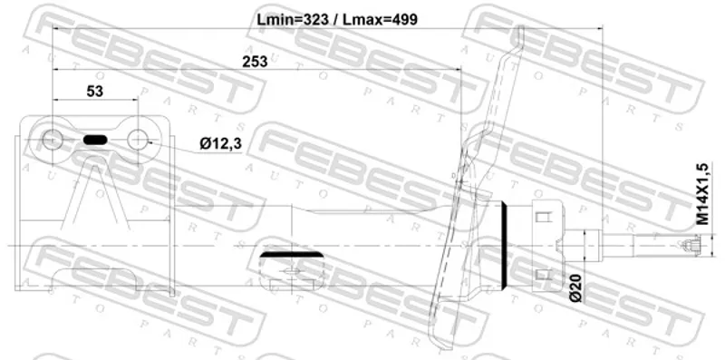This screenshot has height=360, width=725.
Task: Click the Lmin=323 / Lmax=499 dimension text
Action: tap(337, 19)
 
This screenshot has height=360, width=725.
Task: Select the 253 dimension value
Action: tap(255, 61)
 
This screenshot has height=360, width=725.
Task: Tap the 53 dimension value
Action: tap(95, 92)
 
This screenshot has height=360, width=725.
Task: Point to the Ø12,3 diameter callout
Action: tap(221, 144)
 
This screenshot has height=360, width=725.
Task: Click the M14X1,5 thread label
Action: tap(703, 194)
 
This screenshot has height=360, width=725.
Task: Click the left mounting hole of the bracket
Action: tap(52, 140)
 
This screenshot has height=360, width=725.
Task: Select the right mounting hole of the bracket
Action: tap(138, 140)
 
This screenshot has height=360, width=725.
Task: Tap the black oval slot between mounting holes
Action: tap(95, 140)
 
